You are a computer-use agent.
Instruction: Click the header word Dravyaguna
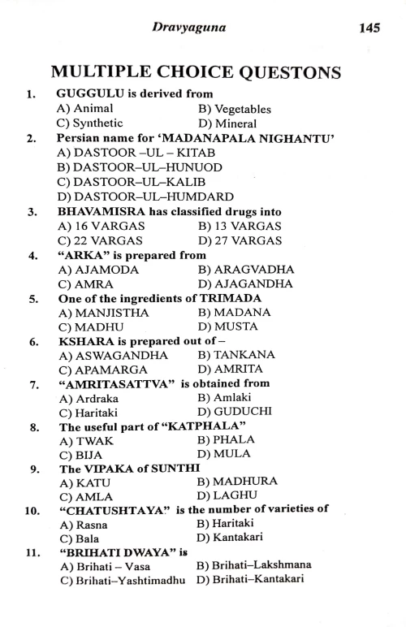tap(189, 28)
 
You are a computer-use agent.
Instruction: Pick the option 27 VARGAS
tap(240, 240)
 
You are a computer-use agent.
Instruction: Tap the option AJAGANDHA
tap(244, 284)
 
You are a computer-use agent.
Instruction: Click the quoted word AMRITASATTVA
tap(117, 383)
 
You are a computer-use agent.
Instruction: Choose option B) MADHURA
tap(237, 482)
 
